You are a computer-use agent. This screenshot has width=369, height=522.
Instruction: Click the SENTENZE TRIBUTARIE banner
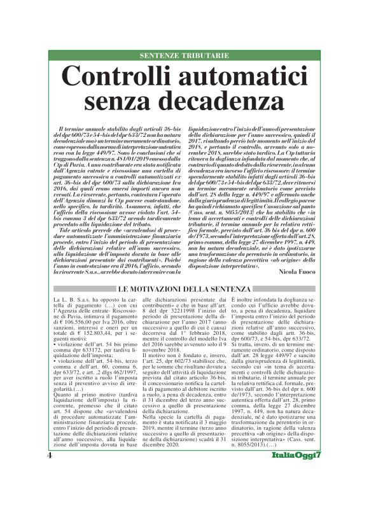click(x=184, y=55)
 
